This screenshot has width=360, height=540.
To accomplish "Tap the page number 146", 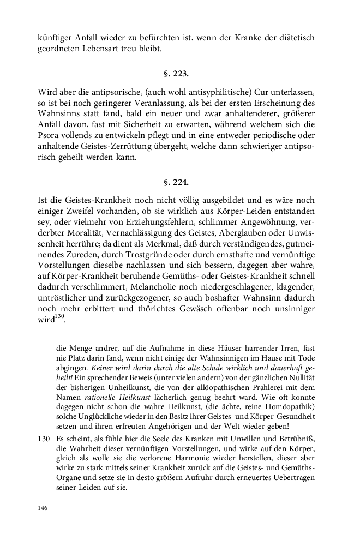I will coord(43,508).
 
